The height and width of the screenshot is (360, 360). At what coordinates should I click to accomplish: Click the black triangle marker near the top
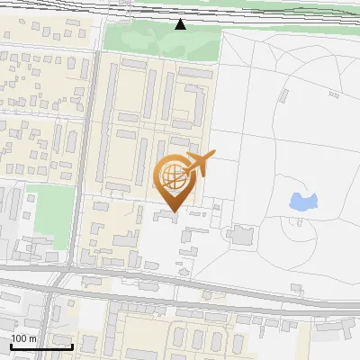pyautogui.click(x=180, y=24)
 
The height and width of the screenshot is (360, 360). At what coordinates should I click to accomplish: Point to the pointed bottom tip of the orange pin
pyautogui.click(x=174, y=211)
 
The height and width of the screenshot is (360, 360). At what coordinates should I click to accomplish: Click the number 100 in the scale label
pyautogui.click(x=19, y=338)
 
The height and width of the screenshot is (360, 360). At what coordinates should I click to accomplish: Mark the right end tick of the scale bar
pyautogui.click(x=72, y=346)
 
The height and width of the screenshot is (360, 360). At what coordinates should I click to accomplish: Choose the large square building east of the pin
pyautogui.click(x=241, y=236)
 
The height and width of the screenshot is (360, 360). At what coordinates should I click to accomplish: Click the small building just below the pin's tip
pyautogui.click(x=167, y=216)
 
